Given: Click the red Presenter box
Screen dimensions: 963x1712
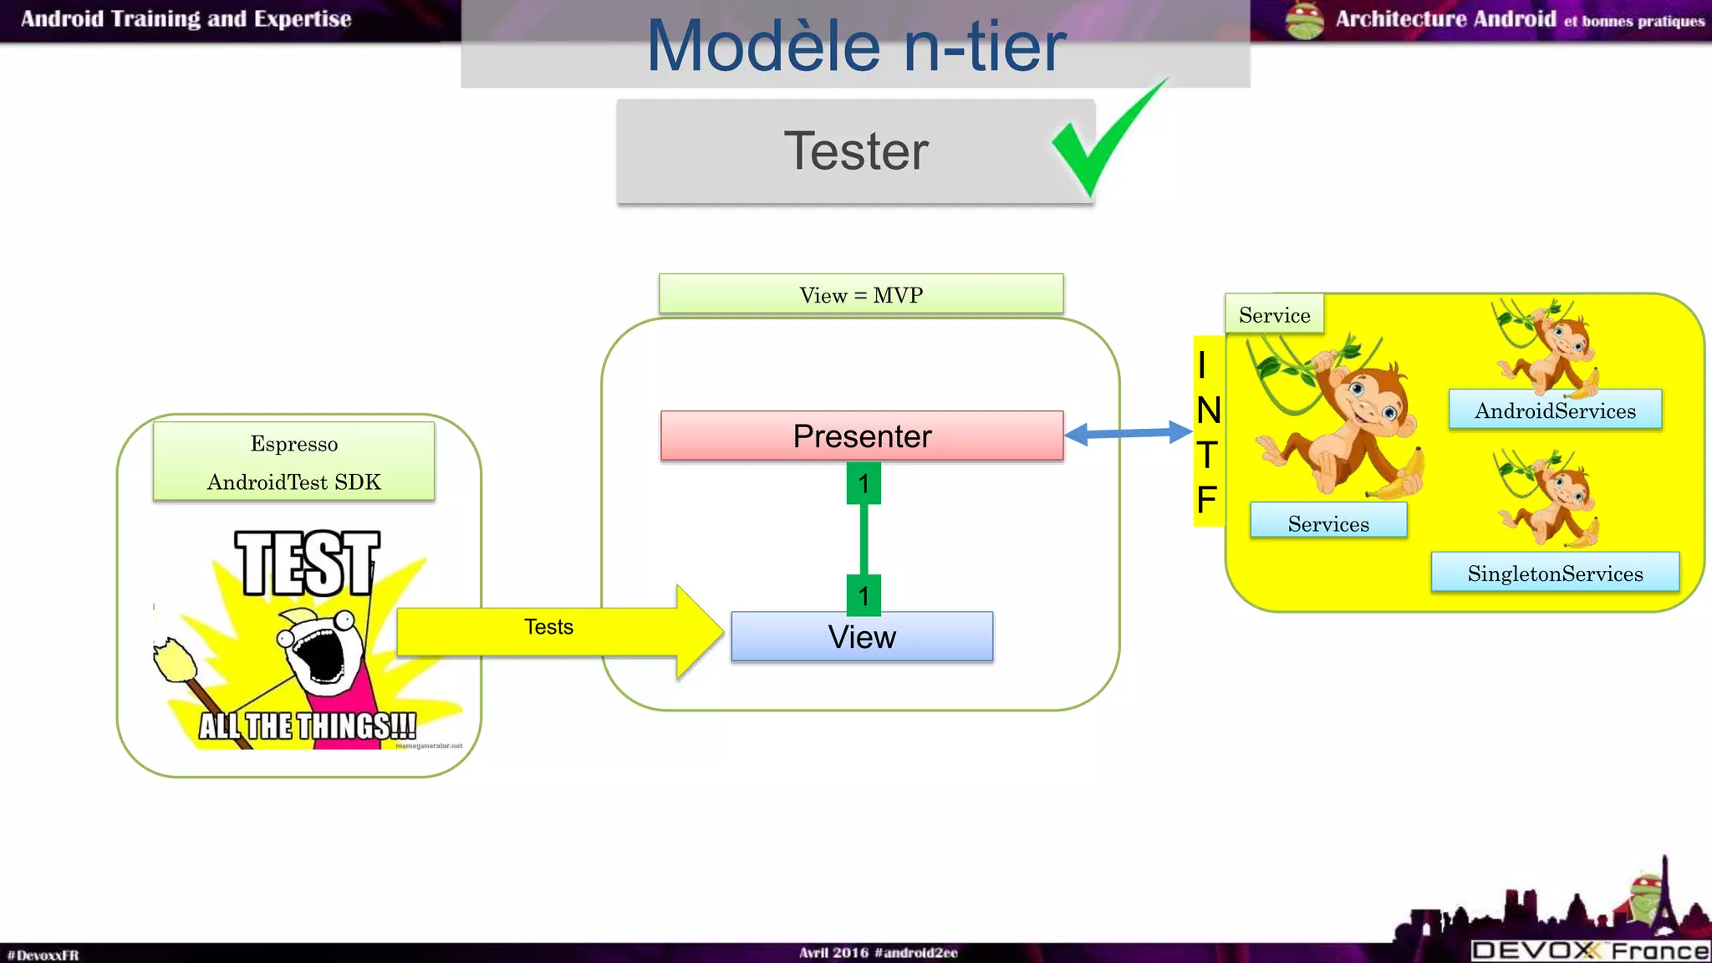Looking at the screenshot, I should point(862,436).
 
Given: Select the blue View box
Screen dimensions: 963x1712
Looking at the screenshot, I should point(862,637).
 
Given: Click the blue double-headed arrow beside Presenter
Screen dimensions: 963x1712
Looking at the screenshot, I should point(1128,433).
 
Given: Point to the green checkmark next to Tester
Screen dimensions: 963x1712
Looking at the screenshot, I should point(1103,142).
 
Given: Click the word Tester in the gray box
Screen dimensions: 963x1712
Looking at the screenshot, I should point(855,151).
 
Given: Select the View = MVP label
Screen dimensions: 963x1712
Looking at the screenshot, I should point(861,294).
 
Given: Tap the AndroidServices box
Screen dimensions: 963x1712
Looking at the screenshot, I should point(1555,410).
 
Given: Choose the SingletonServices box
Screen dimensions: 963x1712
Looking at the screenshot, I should point(1555,573).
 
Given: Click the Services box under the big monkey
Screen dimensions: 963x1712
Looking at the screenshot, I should point(1328,522).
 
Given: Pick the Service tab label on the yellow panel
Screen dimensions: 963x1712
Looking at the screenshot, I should point(1274,315).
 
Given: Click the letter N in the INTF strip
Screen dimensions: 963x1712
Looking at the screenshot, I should point(1208,410).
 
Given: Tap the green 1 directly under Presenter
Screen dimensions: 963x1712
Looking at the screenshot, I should point(864,484).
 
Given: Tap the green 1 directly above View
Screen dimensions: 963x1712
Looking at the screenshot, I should point(864,595).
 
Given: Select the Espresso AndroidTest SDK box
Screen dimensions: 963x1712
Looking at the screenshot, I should point(294,461).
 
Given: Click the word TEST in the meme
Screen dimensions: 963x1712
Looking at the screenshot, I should point(307,564).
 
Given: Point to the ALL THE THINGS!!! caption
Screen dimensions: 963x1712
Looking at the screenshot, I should point(307,726).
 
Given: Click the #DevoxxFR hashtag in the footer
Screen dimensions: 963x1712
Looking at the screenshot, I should point(43,955).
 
